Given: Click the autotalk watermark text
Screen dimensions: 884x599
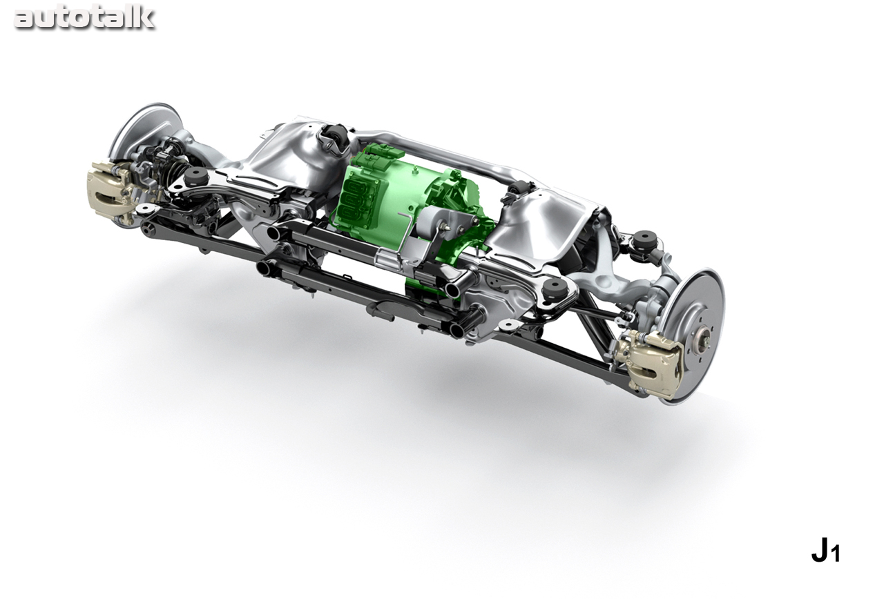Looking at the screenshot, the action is pos(84,19).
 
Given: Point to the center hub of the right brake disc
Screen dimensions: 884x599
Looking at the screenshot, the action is pos(702,338).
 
